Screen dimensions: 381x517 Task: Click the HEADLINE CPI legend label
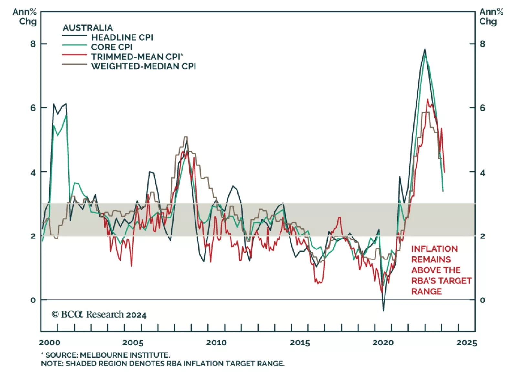pyautogui.click(x=122, y=37)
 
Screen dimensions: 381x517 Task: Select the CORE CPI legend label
pyautogui.click(x=111, y=47)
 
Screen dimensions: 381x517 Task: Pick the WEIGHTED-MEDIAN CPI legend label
pyautogui.click(x=143, y=66)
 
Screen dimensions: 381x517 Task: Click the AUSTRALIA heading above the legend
pyautogui.click(x=88, y=28)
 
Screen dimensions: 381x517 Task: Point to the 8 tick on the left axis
pyautogui.click(x=33, y=44)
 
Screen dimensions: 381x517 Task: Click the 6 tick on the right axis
pyautogui.click(x=482, y=108)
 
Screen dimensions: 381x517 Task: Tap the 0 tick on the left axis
pyautogui.click(x=33, y=300)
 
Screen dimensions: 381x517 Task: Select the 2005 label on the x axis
pyautogui.click(x=133, y=343)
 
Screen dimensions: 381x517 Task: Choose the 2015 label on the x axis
pyautogui.click(x=300, y=343)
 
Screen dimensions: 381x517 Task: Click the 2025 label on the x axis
pyautogui.click(x=467, y=343)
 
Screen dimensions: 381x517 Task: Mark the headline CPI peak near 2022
pyautogui.click(x=425, y=49)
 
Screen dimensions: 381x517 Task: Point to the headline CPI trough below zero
pyautogui.click(x=383, y=311)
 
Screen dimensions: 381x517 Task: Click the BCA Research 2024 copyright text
pyautogui.click(x=99, y=314)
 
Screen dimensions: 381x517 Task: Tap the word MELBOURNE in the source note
pyautogui.click(x=103, y=355)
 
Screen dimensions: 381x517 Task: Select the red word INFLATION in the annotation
pyautogui.click(x=434, y=249)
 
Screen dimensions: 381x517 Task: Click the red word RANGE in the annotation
pyautogui.click(x=426, y=291)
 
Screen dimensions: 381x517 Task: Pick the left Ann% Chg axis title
pyautogui.click(x=25, y=17)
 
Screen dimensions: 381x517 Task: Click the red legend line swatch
pyautogui.click(x=75, y=55)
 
